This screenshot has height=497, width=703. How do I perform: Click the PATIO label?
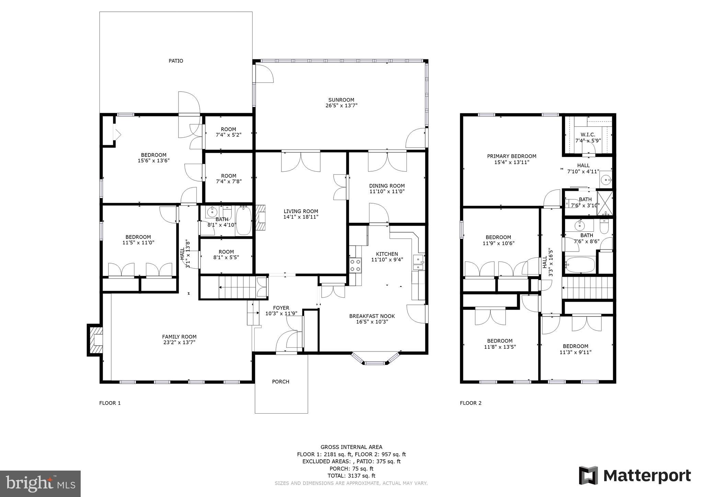176,61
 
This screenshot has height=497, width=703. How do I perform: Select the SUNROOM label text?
341,100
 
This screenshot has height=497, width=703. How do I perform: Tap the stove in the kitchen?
355,265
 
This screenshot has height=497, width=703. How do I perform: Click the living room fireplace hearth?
261,217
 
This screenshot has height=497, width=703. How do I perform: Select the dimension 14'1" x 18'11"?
301,217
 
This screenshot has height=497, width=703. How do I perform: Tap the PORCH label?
280,381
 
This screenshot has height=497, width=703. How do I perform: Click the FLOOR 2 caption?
471,403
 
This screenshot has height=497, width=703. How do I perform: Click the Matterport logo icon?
588,475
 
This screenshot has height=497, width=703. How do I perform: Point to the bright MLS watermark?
40,484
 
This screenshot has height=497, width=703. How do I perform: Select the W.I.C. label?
588,134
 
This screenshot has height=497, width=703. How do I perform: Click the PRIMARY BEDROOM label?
511,156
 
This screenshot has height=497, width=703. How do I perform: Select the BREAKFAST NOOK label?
372,316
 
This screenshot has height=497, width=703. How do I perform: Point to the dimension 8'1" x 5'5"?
226,257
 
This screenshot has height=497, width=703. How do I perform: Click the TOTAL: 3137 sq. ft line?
351,476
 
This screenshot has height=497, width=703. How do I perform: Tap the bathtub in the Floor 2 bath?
580,265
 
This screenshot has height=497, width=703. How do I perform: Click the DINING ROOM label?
387,186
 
